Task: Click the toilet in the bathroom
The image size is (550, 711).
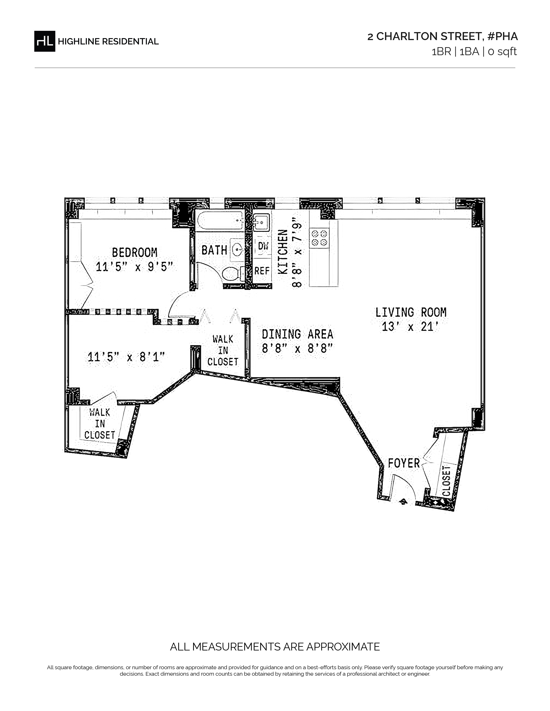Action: (x=234, y=274)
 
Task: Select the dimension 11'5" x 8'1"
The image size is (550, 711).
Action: (x=126, y=357)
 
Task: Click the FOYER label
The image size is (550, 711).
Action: (x=404, y=463)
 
